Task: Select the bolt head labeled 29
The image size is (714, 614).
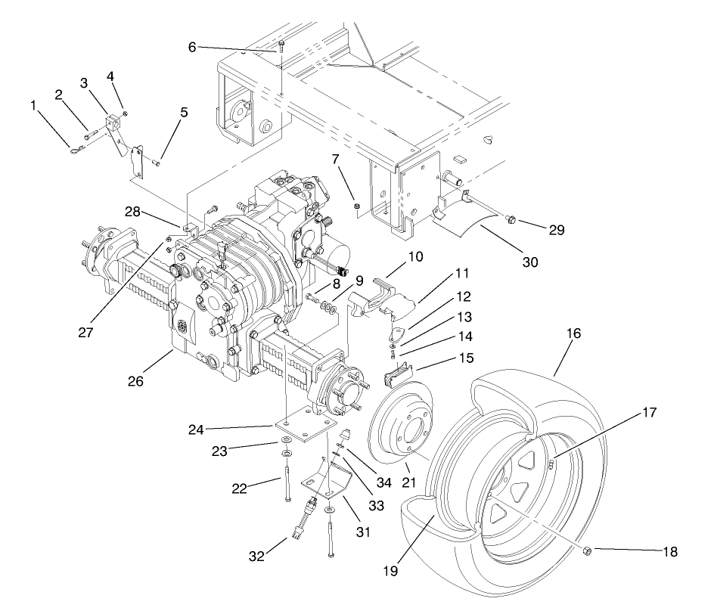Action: click(x=511, y=220)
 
